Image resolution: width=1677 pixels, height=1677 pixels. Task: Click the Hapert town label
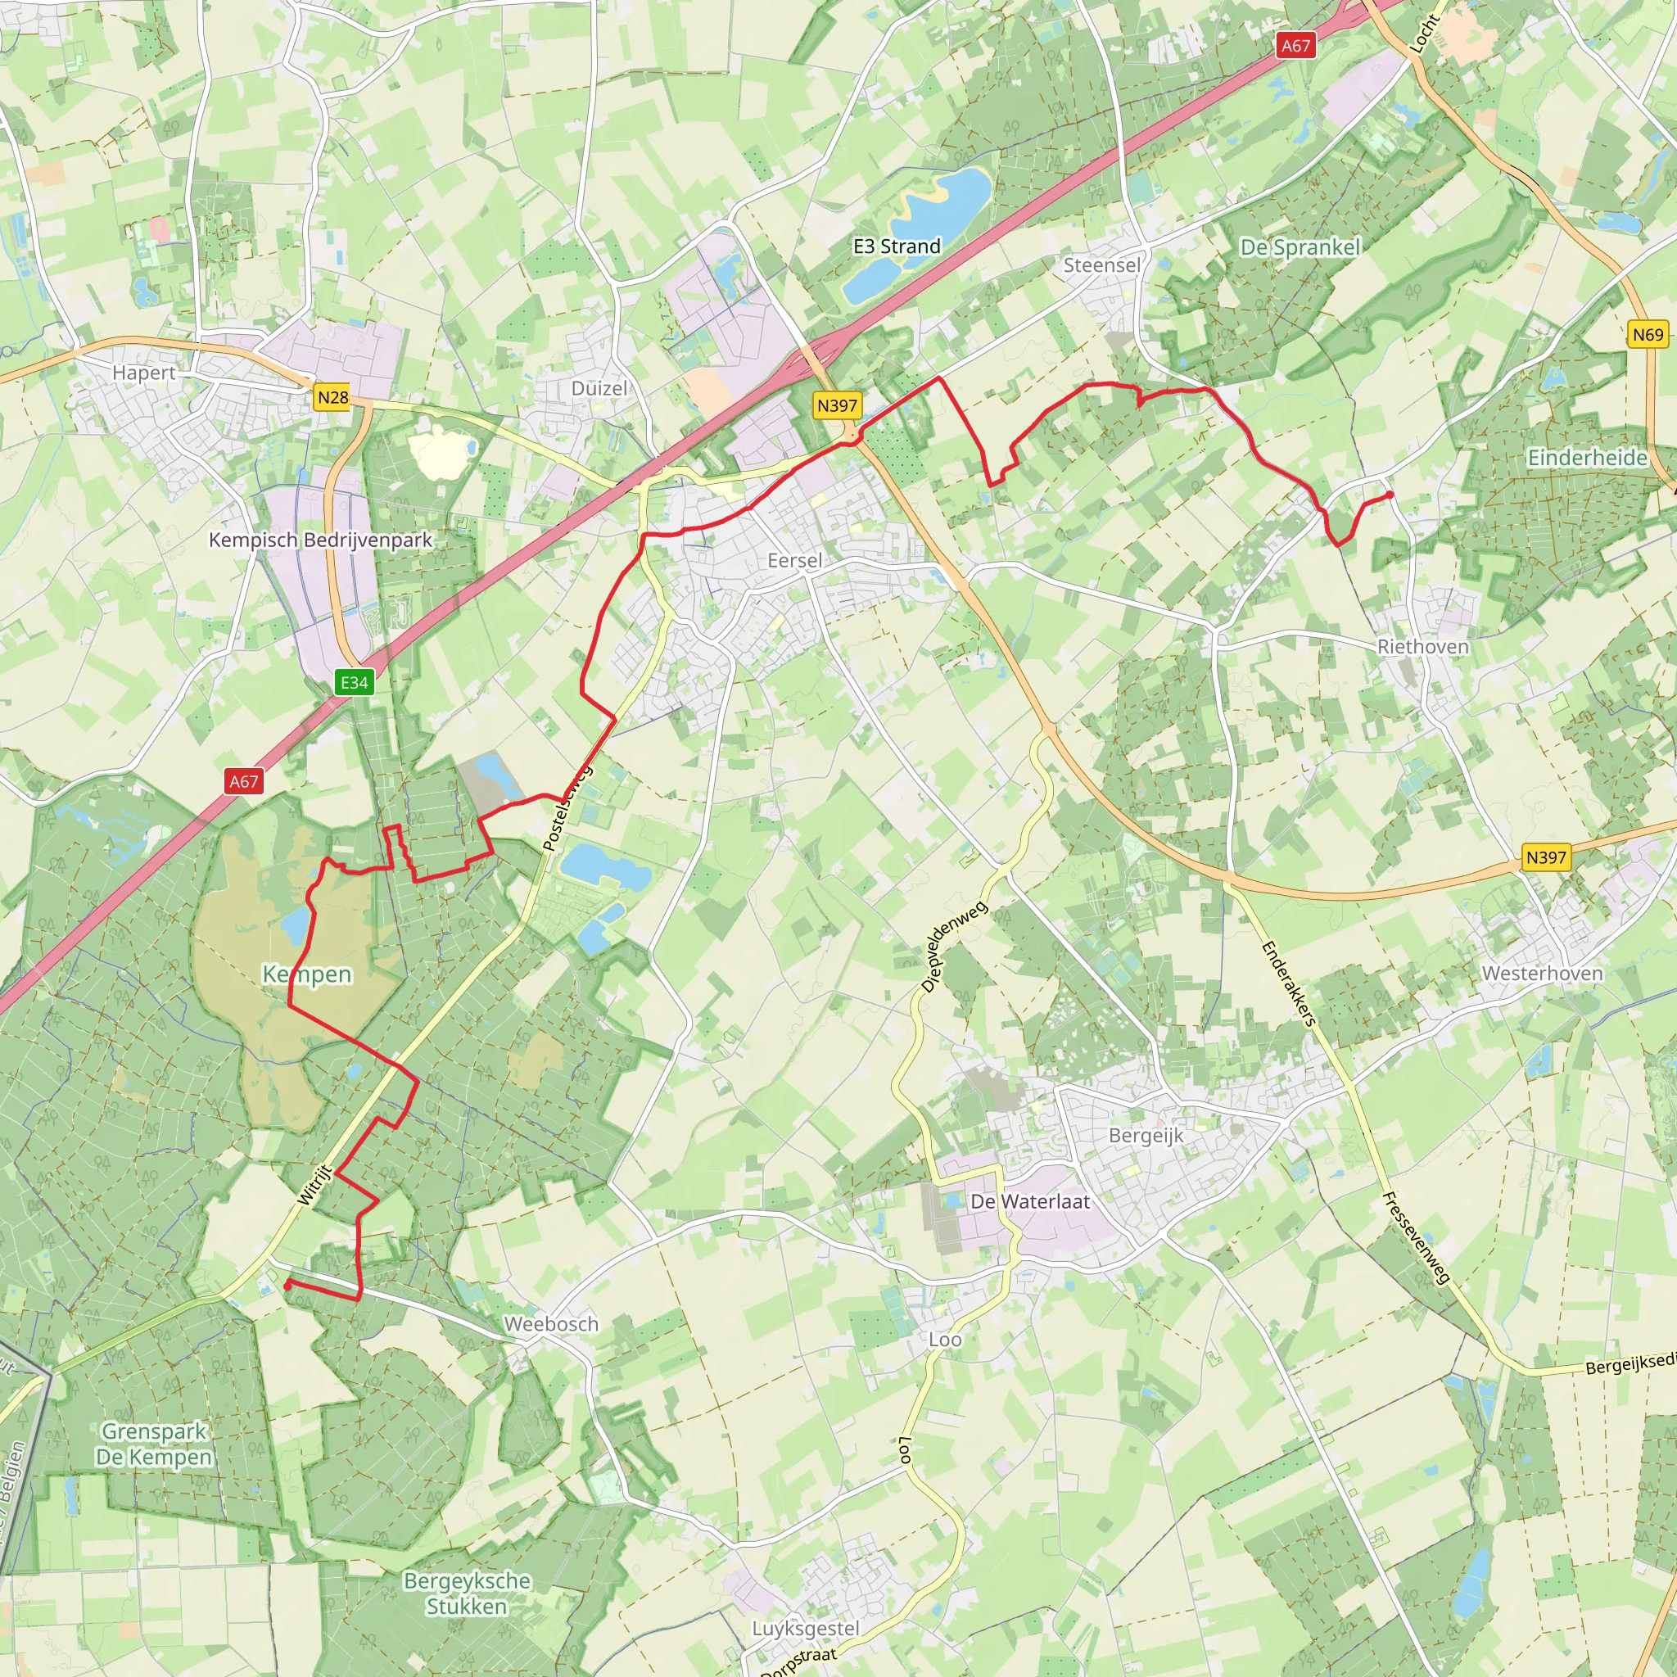(144, 373)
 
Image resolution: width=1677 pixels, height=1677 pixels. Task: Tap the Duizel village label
(599, 388)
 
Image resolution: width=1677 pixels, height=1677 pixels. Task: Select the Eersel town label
(794, 561)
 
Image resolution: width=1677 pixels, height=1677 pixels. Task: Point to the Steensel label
(1101, 264)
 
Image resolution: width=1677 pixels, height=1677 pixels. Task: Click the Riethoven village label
(1422, 647)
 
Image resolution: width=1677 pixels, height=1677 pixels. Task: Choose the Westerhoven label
(1542, 973)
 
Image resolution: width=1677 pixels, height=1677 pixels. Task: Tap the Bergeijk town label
(1146, 1136)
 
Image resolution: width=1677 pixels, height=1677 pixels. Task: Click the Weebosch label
(551, 1324)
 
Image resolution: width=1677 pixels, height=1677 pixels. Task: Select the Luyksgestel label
(806, 1629)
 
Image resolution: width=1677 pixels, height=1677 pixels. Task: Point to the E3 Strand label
(897, 246)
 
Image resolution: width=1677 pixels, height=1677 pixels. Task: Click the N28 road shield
(332, 397)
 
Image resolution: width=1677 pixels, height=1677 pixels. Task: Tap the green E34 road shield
(354, 682)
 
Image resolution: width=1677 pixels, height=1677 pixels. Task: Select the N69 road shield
(1648, 335)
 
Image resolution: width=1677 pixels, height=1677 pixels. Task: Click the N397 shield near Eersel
(837, 405)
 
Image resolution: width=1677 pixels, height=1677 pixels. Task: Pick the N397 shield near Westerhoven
(1546, 857)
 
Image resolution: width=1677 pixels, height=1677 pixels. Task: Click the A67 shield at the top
(1296, 46)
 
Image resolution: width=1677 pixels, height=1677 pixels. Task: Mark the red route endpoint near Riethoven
(1390, 495)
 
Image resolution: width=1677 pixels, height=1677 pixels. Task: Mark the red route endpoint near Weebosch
(287, 1286)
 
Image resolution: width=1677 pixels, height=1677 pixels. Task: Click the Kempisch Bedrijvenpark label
(320, 540)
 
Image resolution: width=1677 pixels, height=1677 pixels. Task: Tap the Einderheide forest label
(1587, 458)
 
